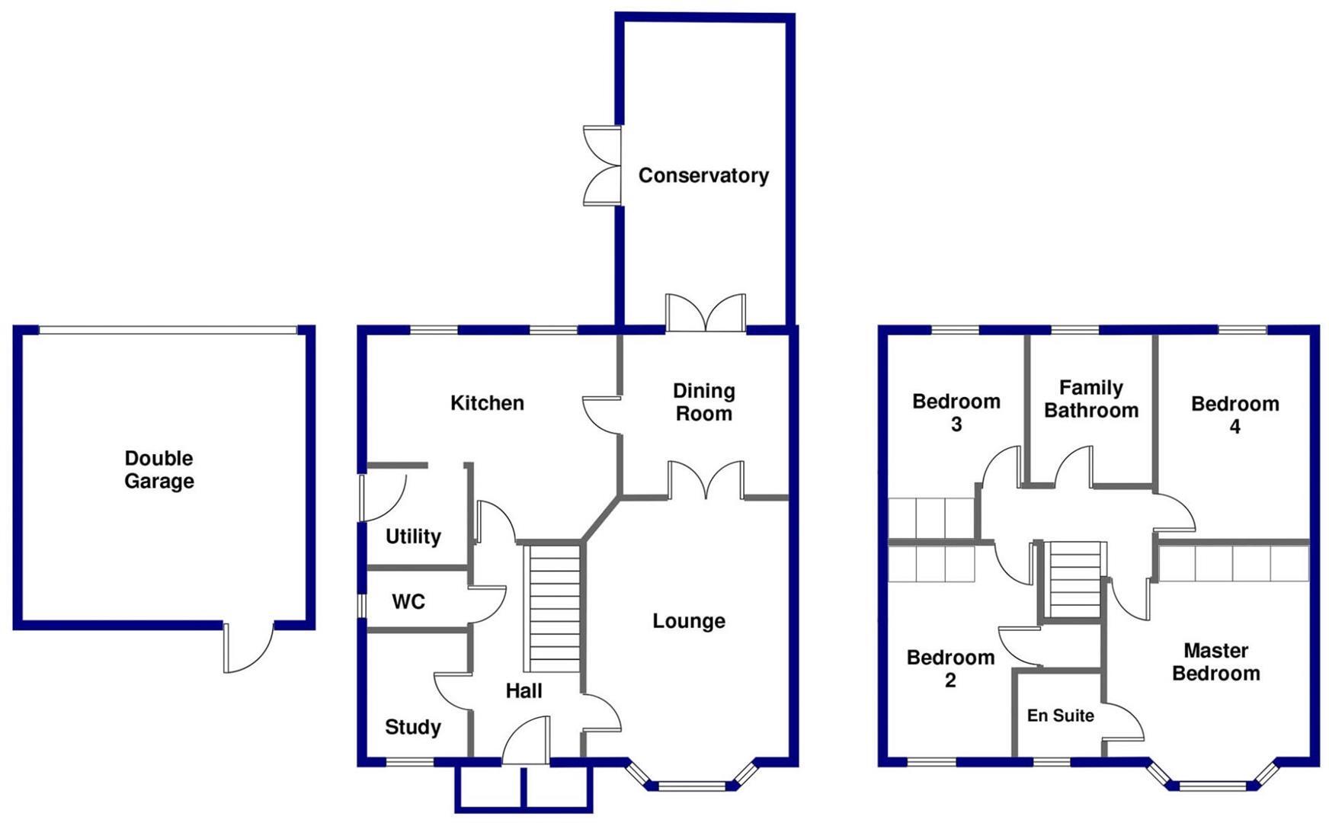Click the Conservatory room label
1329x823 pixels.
coord(703,175)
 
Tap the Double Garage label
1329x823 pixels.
coord(159,469)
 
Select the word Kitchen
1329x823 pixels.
coord(487,402)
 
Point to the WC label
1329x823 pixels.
coord(408,602)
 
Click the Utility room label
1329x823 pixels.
coord(413,536)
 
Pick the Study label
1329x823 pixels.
coord(413,727)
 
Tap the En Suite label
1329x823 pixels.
coord(1060,716)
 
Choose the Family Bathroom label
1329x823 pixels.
coord(1091,399)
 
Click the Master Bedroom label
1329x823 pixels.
coord(1215,661)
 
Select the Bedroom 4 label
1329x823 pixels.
coord(1235,415)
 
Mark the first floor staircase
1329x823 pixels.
coord(1074,579)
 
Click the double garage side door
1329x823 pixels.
coord(248,648)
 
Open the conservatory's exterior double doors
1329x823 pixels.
coord(602,165)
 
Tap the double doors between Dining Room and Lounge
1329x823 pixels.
coord(706,480)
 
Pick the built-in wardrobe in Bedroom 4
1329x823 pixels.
coord(1233,563)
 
